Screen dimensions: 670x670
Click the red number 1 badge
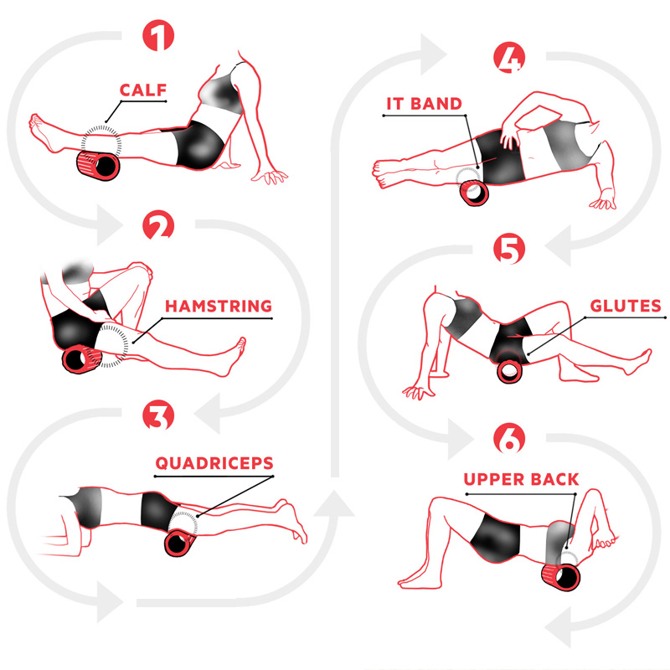(x=158, y=35)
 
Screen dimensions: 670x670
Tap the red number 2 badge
(x=158, y=225)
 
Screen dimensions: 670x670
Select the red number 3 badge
(x=158, y=415)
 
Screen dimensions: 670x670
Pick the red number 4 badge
(x=509, y=57)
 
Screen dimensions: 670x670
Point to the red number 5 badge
(x=509, y=248)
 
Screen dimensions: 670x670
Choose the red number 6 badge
(x=509, y=438)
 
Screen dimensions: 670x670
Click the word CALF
(x=143, y=90)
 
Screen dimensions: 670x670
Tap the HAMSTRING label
(x=219, y=306)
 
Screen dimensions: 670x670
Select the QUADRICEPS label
(x=214, y=463)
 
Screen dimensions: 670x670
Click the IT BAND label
(x=424, y=104)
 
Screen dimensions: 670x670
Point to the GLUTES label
(x=626, y=306)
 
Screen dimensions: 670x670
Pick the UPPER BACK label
(x=521, y=479)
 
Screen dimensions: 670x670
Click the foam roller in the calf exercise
(x=98, y=165)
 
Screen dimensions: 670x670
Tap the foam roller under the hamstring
(x=81, y=359)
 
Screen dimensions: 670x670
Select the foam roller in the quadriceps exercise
(x=180, y=543)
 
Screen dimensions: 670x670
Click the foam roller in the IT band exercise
(x=474, y=193)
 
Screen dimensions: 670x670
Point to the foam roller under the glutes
(x=509, y=371)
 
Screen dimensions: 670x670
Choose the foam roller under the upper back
(x=561, y=577)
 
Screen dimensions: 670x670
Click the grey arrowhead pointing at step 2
(x=109, y=224)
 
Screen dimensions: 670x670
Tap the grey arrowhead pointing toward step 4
(x=432, y=54)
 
